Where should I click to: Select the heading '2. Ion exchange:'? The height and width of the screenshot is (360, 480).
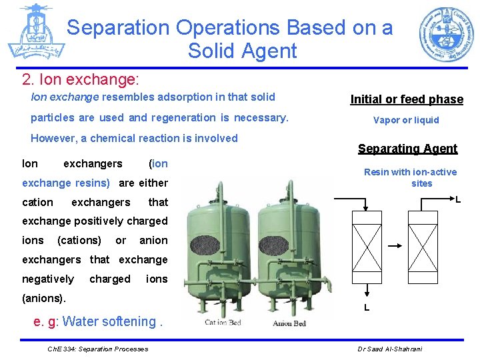pyautogui.click(x=80, y=80)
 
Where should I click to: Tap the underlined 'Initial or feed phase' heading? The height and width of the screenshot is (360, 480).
pyautogui.click(x=407, y=99)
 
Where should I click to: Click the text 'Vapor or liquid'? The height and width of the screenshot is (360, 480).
pyautogui.click(x=406, y=120)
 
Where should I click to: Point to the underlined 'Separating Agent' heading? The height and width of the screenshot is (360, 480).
pyautogui.click(x=407, y=149)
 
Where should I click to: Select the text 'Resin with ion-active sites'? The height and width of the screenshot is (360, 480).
pyautogui.click(x=411, y=177)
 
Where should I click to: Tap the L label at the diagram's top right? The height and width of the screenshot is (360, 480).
pyautogui.click(x=458, y=199)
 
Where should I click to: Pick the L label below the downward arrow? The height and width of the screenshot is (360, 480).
pyautogui.click(x=366, y=307)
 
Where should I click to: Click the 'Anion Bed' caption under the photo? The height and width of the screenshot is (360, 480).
pyautogui.click(x=289, y=323)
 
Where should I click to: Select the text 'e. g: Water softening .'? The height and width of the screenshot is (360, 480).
pyautogui.click(x=99, y=321)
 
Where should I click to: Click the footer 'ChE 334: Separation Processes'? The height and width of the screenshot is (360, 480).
pyautogui.click(x=98, y=349)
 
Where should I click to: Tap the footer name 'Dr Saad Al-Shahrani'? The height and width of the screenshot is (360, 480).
pyautogui.click(x=390, y=349)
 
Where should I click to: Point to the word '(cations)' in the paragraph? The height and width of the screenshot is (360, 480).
pyautogui.click(x=79, y=240)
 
